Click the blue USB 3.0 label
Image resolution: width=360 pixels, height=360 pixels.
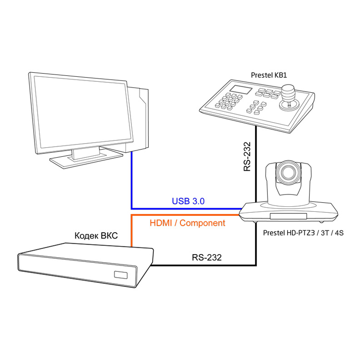click(x=188, y=201)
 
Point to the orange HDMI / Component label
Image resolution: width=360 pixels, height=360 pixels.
click(x=187, y=223)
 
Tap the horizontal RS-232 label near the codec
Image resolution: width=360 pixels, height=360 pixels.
click(x=206, y=258)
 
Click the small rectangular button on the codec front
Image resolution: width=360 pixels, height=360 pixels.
click(x=121, y=275)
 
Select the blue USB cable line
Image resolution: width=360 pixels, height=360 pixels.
click(x=132, y=182)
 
